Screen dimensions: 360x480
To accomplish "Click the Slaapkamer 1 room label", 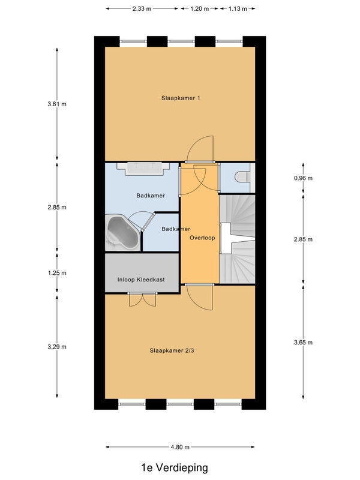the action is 181,98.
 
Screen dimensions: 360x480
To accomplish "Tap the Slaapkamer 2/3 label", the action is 172,350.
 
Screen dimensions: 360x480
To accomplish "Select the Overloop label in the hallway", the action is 202,238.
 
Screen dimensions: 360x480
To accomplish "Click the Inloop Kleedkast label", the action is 141,280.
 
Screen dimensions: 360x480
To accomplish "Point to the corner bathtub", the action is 122,232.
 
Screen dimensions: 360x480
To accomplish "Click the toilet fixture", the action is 244,177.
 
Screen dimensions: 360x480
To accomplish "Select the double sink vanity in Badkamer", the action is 143,169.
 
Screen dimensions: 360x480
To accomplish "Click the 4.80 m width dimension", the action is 180,447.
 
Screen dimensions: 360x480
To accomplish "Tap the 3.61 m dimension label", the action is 57,104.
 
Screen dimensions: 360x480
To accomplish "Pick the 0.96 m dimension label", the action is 303,178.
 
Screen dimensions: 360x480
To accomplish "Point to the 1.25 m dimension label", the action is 57,273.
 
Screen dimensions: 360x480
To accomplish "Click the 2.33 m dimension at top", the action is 142,8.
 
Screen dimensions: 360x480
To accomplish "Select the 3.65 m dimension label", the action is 303,343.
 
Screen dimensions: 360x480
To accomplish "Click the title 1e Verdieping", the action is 175,467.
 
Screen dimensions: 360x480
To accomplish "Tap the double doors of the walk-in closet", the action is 142,299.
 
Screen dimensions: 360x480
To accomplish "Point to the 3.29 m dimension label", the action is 57,347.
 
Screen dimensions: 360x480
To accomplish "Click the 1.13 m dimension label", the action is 238,8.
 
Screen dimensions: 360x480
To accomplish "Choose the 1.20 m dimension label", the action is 199,8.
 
